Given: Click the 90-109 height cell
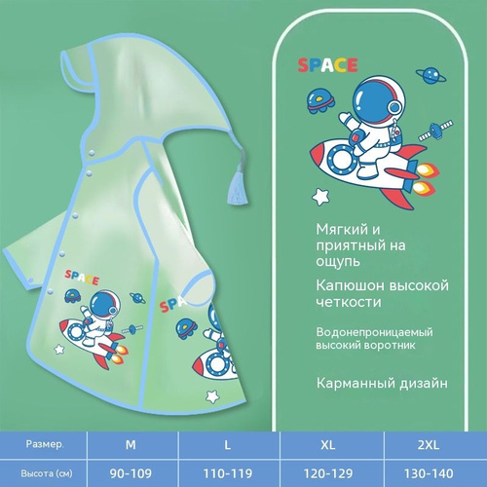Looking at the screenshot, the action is pos(131,473).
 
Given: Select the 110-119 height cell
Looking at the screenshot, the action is pos(228,473).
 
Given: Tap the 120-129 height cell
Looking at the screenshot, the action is pos(328,473).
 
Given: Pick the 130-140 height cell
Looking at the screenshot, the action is pos(429,473).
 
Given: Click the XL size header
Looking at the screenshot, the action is pos(328,444).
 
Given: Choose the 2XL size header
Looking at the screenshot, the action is pos(429,444).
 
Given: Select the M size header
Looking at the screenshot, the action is pos(131,444).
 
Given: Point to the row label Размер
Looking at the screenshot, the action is pos(45,444).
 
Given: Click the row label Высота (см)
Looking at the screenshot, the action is pos(47,473).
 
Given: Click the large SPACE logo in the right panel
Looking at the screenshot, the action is pos(327,65).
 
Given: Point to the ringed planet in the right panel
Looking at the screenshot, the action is pos(431,76).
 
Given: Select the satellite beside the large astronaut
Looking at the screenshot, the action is pos(435,131).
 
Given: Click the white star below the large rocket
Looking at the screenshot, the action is pos(320,197).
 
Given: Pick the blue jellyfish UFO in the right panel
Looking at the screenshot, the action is pos(320,101).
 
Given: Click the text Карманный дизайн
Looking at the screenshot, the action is pos(382,384).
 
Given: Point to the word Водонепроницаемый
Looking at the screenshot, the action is pos(374,332).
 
